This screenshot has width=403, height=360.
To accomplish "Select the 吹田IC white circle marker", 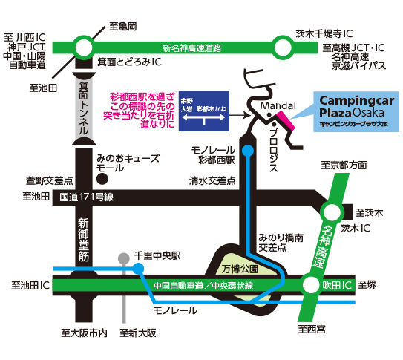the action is (x=311, y=285).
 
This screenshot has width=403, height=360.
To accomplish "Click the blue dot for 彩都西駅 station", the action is (x=249, y=151).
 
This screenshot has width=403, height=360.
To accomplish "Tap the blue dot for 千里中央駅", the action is (x=139, y=269).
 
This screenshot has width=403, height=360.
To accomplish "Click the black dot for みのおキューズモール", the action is (x=102, y=179).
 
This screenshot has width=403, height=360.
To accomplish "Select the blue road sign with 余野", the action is (x=204, y=111).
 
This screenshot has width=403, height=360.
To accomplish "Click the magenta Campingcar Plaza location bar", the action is (x=285, y=120).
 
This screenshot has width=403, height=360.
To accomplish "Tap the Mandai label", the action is (x=278, y=105).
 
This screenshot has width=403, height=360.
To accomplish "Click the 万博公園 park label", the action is (x=240, y=269).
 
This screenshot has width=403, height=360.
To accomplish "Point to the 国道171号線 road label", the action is (x=86, y=197).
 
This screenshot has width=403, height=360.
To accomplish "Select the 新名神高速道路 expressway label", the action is (x=191, y=48).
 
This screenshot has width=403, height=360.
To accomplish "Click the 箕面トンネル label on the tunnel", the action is (x=84, y=108).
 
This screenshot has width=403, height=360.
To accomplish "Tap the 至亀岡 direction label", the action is (x=123, y=27).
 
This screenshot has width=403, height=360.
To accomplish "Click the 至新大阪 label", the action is (x=138, y=333).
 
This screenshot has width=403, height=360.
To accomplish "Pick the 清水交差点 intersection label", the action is (x=212, y=181).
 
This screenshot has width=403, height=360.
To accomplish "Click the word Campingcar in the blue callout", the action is (x=357, y=101).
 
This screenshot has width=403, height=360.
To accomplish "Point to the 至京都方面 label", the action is (x=344, y=166).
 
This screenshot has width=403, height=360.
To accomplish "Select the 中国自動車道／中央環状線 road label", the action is (x=203, y=286).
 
